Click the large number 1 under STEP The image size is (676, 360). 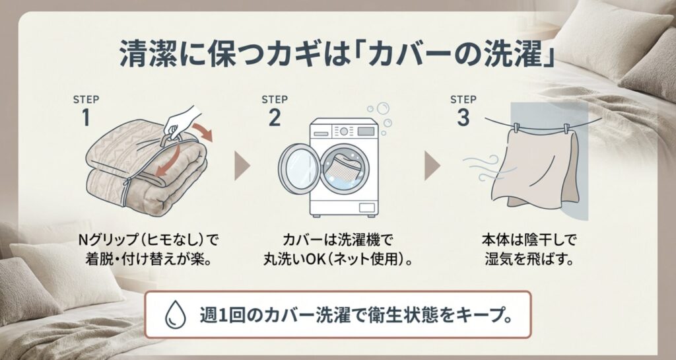coord(85,118)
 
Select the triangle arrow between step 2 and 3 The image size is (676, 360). coord(432,167)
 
